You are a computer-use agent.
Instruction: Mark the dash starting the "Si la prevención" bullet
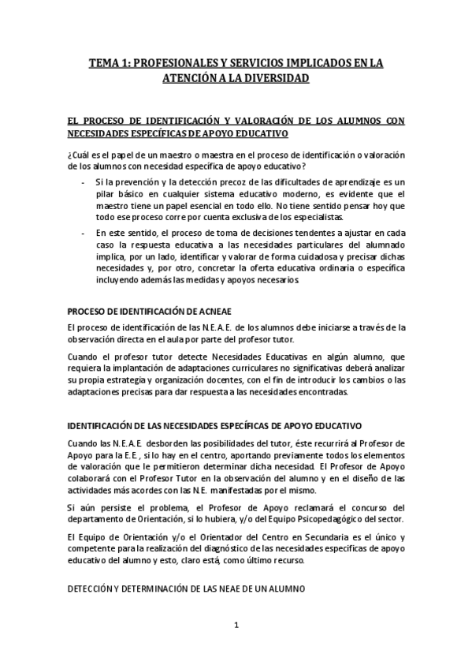84,181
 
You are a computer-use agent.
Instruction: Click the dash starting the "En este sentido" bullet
84,234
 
